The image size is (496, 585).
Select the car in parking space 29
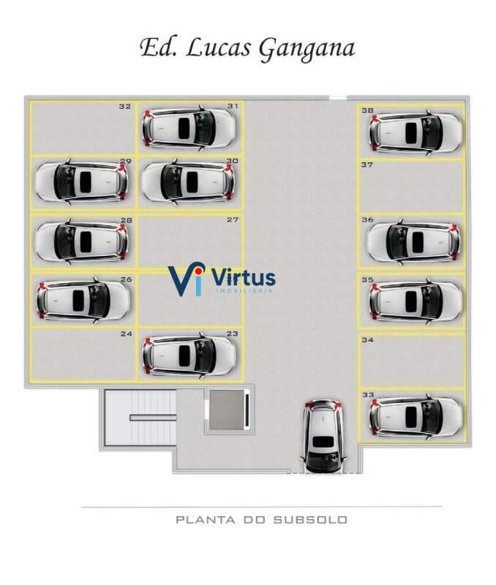81,181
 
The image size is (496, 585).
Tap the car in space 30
187,181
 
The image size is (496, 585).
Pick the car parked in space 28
81,241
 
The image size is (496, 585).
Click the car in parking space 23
189,355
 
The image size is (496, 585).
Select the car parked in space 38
416,132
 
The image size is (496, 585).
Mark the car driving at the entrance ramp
324,436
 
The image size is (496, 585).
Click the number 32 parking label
125,107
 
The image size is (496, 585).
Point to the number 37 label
367,165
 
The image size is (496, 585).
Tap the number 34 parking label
367,340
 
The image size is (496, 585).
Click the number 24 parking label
126,334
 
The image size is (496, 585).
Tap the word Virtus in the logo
243,278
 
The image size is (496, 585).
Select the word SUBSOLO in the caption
310,520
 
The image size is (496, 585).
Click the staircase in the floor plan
139,418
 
